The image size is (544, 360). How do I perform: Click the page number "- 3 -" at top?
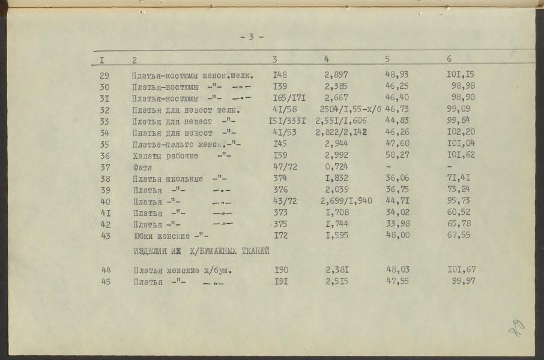[x=252, y=37]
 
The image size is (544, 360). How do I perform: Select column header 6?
[x=449, y=59]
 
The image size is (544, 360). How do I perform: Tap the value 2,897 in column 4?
[x=336, y=76]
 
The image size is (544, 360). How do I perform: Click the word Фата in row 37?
[x=143, y=167]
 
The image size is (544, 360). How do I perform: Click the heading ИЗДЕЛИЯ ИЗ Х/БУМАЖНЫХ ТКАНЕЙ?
[x=201, y=251]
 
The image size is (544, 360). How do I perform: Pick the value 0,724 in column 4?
[x=336, y=167]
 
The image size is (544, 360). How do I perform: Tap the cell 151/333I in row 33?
[x=287, y=121]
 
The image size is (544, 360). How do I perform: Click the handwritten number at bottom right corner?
[x=517, y=327]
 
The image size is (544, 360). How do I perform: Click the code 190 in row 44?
[x=281, y=271]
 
